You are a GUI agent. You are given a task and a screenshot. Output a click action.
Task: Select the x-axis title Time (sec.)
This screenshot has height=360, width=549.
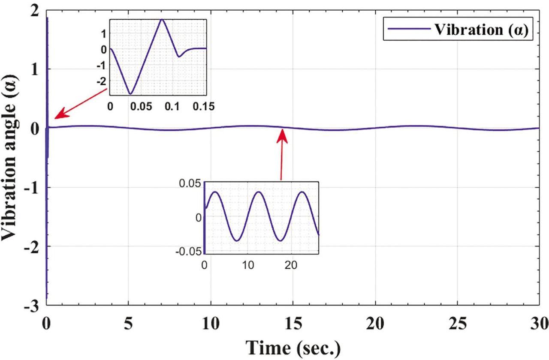click(293, 348)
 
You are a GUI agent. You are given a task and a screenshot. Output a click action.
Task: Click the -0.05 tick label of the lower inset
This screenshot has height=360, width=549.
click(189, 252)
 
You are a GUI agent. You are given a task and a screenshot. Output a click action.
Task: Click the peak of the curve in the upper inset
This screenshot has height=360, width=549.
click(162, 19)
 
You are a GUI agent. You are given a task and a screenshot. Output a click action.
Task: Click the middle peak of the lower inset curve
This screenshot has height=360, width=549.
click(259, 192)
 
